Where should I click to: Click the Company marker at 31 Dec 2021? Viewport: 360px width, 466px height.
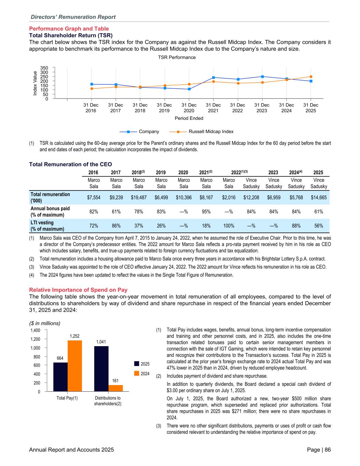(x=213, y=77)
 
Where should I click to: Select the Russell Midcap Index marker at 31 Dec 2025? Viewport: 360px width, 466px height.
(x=311, y=76)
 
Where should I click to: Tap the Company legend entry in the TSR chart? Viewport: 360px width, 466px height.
(x=139, y=131)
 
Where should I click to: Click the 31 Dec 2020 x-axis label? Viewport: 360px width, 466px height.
(x=189, y=108)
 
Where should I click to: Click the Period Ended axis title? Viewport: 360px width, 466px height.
(x=189, y=118)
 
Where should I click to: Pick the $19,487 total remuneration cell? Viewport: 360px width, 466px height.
(x=139, y=197)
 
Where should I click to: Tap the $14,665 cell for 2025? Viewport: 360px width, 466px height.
(x=319, y=197)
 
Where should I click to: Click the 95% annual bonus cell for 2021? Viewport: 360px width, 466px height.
(x=206, y=212)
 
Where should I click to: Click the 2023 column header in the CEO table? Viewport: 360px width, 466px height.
(x=274, y=172)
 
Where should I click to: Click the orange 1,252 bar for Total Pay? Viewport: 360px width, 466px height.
(x=75, y=366)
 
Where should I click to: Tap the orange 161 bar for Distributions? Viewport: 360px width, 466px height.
(x=116, y=388)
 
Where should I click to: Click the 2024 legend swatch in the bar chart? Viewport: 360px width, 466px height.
(x=136, y=373)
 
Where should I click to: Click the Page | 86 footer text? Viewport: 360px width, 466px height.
(x=319, y=450)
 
